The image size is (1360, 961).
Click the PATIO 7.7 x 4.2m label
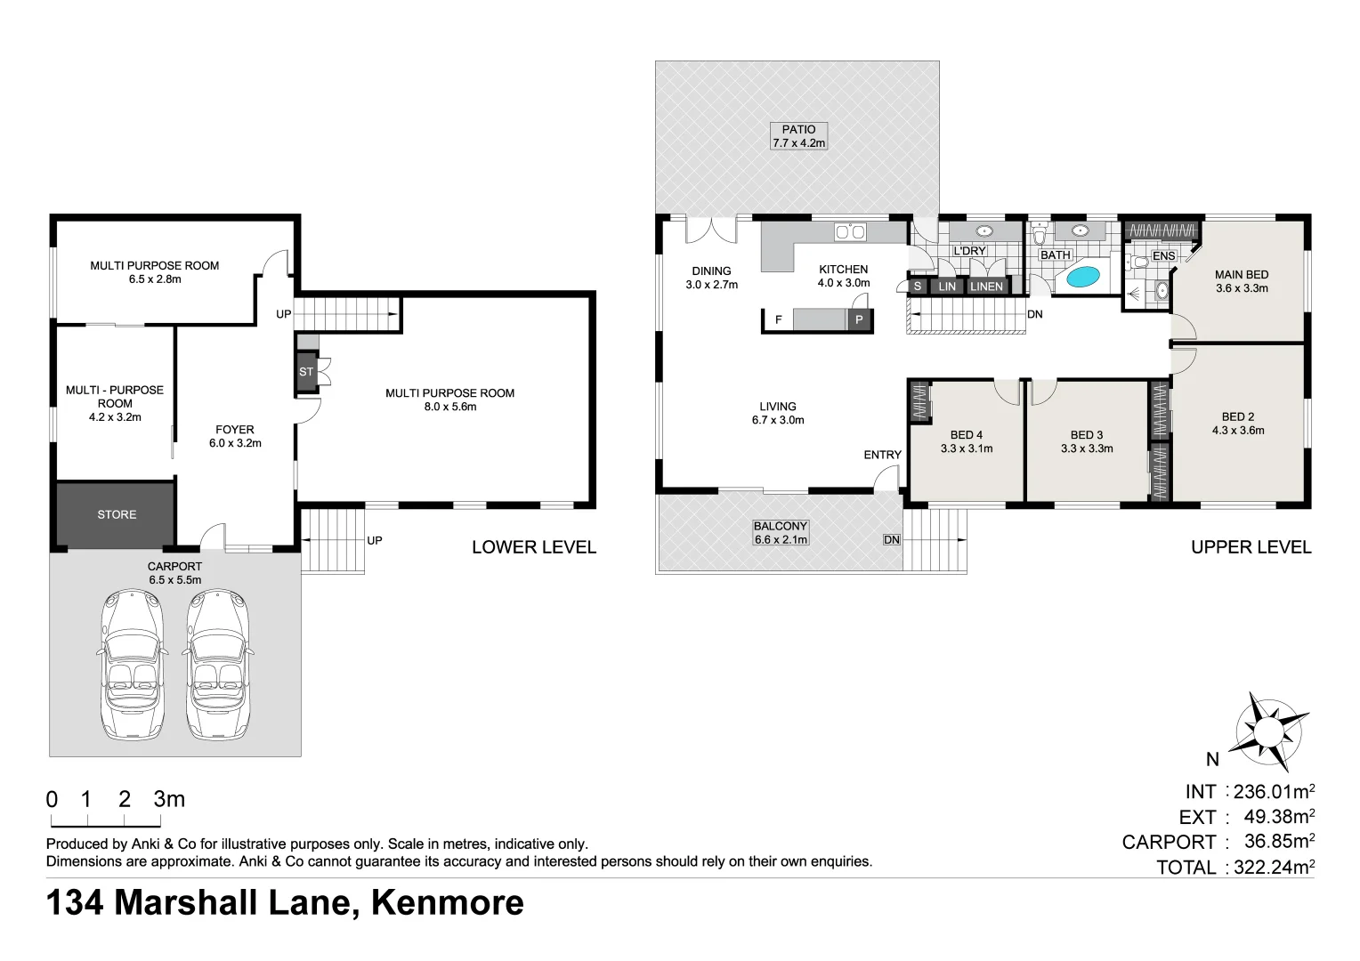click(798, 136)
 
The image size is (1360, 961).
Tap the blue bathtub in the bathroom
click(1082, 277)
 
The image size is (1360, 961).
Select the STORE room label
click(117, 514)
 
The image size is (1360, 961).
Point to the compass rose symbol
click(1269, 731)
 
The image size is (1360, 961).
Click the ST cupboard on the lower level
click(306, 372)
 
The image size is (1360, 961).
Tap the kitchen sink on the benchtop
click(849, 232)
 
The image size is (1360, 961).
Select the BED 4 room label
click(966, 441)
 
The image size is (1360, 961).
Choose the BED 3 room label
click(1087, 441)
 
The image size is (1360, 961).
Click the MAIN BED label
click(1242, 281)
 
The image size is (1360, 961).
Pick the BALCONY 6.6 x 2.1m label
click(781, 533)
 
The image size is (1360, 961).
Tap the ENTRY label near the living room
click(882, 455)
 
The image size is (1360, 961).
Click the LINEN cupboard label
click(986, 287)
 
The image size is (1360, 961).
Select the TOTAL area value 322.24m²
click(1273, 867)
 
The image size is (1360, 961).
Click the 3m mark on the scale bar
click(168, 799)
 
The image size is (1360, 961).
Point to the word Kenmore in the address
click(447, 902)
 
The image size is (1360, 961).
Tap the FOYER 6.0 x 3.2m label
click(235, 436)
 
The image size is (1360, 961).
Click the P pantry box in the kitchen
click(859, 319)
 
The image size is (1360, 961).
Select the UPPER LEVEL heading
click(1251, 547)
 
